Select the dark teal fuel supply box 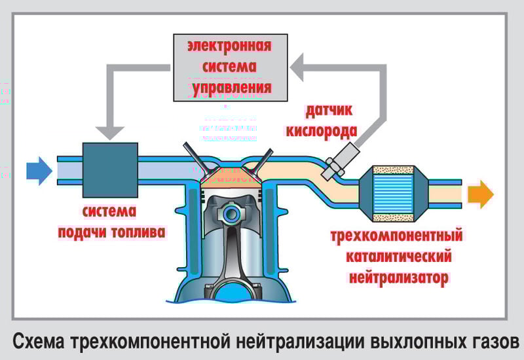[x=110, y=171]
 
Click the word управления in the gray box [x=231, y=86]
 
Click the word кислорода [x=321, y=130]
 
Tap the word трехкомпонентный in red [x=397, y=234]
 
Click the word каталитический [x=396, y=255]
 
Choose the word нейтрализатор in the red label [x=397, y=277]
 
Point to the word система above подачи [x=110, y=212]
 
